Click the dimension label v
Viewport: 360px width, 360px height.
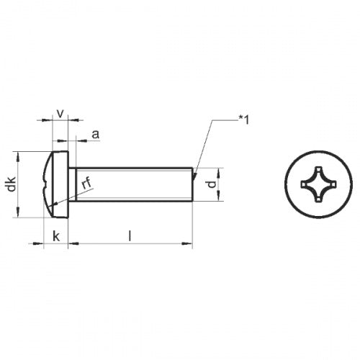[60, 113]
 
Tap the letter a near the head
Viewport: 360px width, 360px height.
[94, 135]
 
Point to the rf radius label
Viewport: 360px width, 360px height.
[87, 184]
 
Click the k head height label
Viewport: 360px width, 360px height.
[55, 235]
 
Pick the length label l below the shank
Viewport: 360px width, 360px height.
[130, 235]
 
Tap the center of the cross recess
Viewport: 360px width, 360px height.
[315, 185]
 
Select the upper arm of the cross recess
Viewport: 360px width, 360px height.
[315, 171]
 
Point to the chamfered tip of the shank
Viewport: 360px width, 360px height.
[192, 184]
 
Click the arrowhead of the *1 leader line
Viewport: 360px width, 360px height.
[194, 170]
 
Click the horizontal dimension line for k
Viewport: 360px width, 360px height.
[55, 244]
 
